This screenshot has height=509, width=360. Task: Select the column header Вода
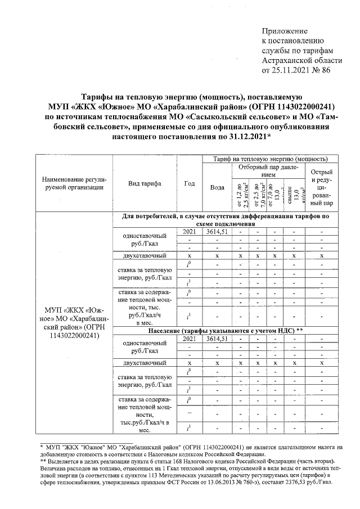pos(217,187)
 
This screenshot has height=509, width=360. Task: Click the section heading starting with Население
pos(226,330)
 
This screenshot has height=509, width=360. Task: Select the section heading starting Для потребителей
pos(226,219)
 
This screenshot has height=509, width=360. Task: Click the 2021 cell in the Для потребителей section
pos(190,231)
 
